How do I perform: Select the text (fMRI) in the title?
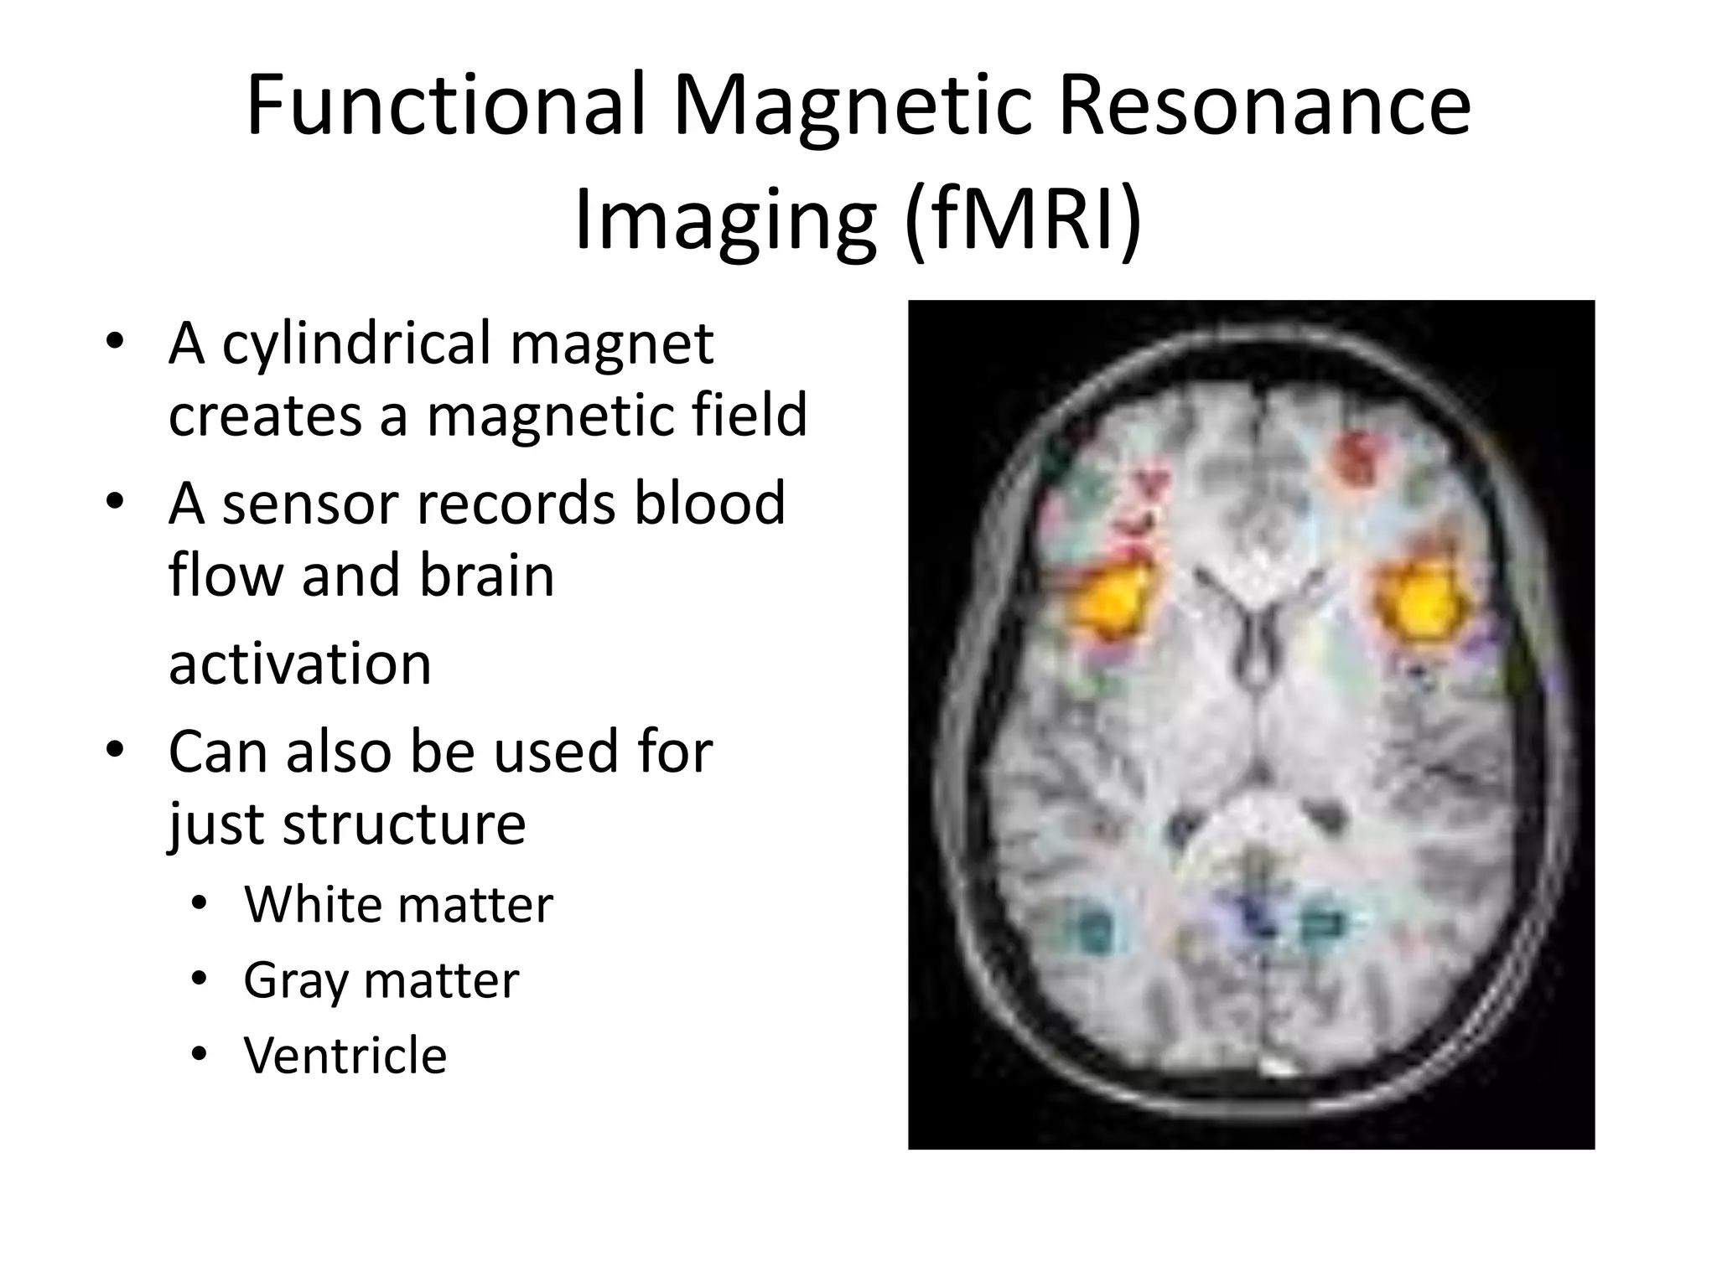tap(1023, 220)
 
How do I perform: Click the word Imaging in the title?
tap(724, 220)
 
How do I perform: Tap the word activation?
tap(299, 664)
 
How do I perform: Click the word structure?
tap(404, 824)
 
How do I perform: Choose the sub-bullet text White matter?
tap(398, 905)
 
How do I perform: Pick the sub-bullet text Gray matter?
tap(381, 980)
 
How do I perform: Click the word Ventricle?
tap(345, 1055)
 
